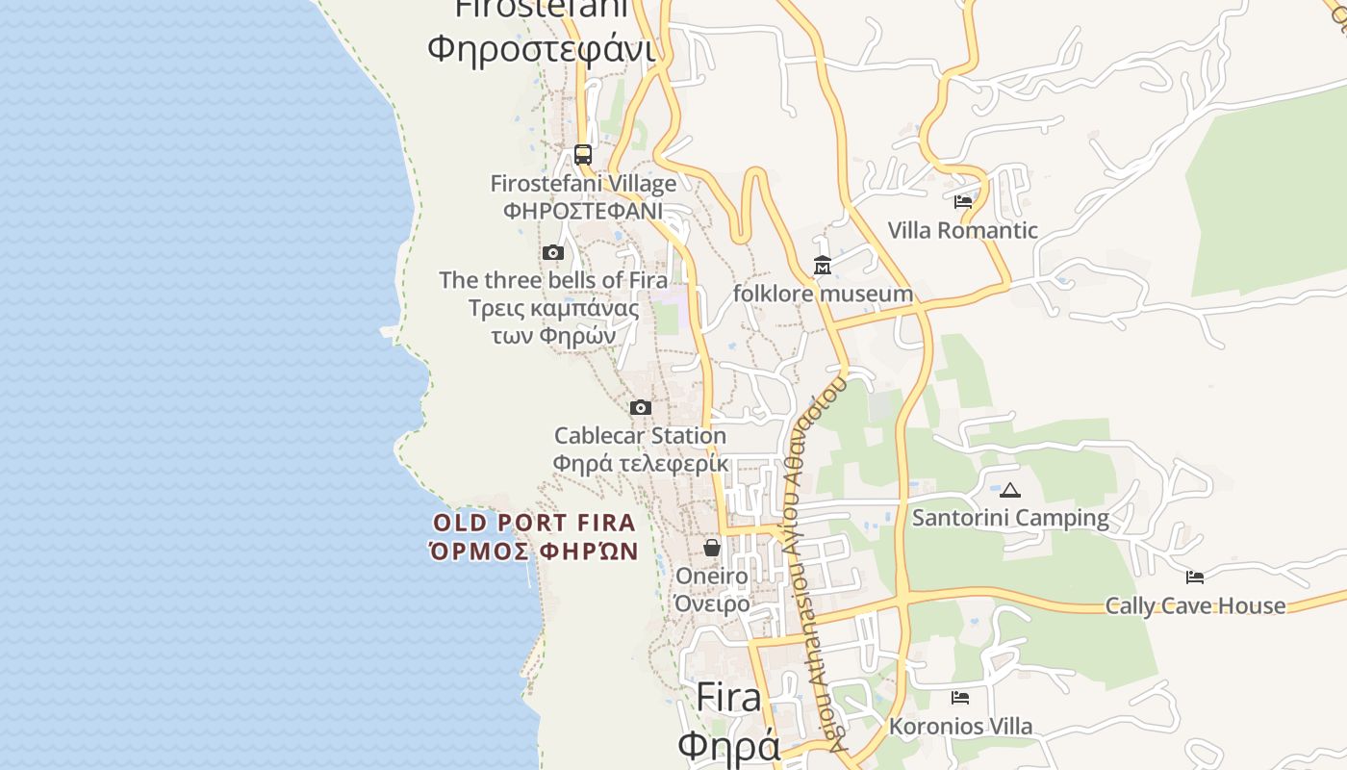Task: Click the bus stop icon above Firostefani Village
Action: (582, 154)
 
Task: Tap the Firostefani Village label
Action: (583, 183)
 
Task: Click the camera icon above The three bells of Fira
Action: (553, 252)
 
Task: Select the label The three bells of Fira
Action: (553, 280)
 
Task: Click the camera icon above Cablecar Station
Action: (640, 407)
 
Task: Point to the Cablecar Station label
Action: (640, 436)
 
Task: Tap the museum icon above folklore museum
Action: (823, 265)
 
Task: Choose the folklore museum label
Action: (823, 294)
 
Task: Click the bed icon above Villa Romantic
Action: (962, 202)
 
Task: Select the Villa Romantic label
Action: (962, 230)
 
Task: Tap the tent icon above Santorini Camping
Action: (1009, 490)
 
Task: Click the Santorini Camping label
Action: (1010, 518)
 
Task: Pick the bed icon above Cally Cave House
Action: (1195, 577)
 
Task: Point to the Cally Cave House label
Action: (1195, 605)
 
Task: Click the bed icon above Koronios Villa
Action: (959, 698)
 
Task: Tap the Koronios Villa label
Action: (960, 727)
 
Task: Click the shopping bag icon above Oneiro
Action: (712, 548)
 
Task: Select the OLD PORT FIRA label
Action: (534, 524)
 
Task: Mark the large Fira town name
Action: (728, 697)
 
